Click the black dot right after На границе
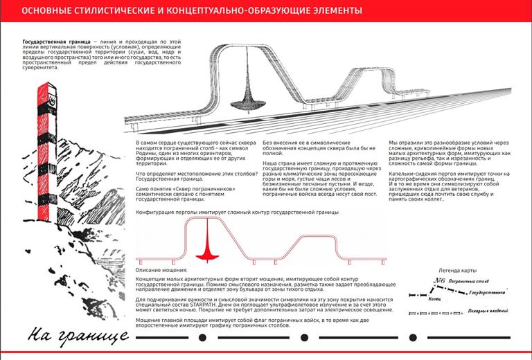coord(202,338)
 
